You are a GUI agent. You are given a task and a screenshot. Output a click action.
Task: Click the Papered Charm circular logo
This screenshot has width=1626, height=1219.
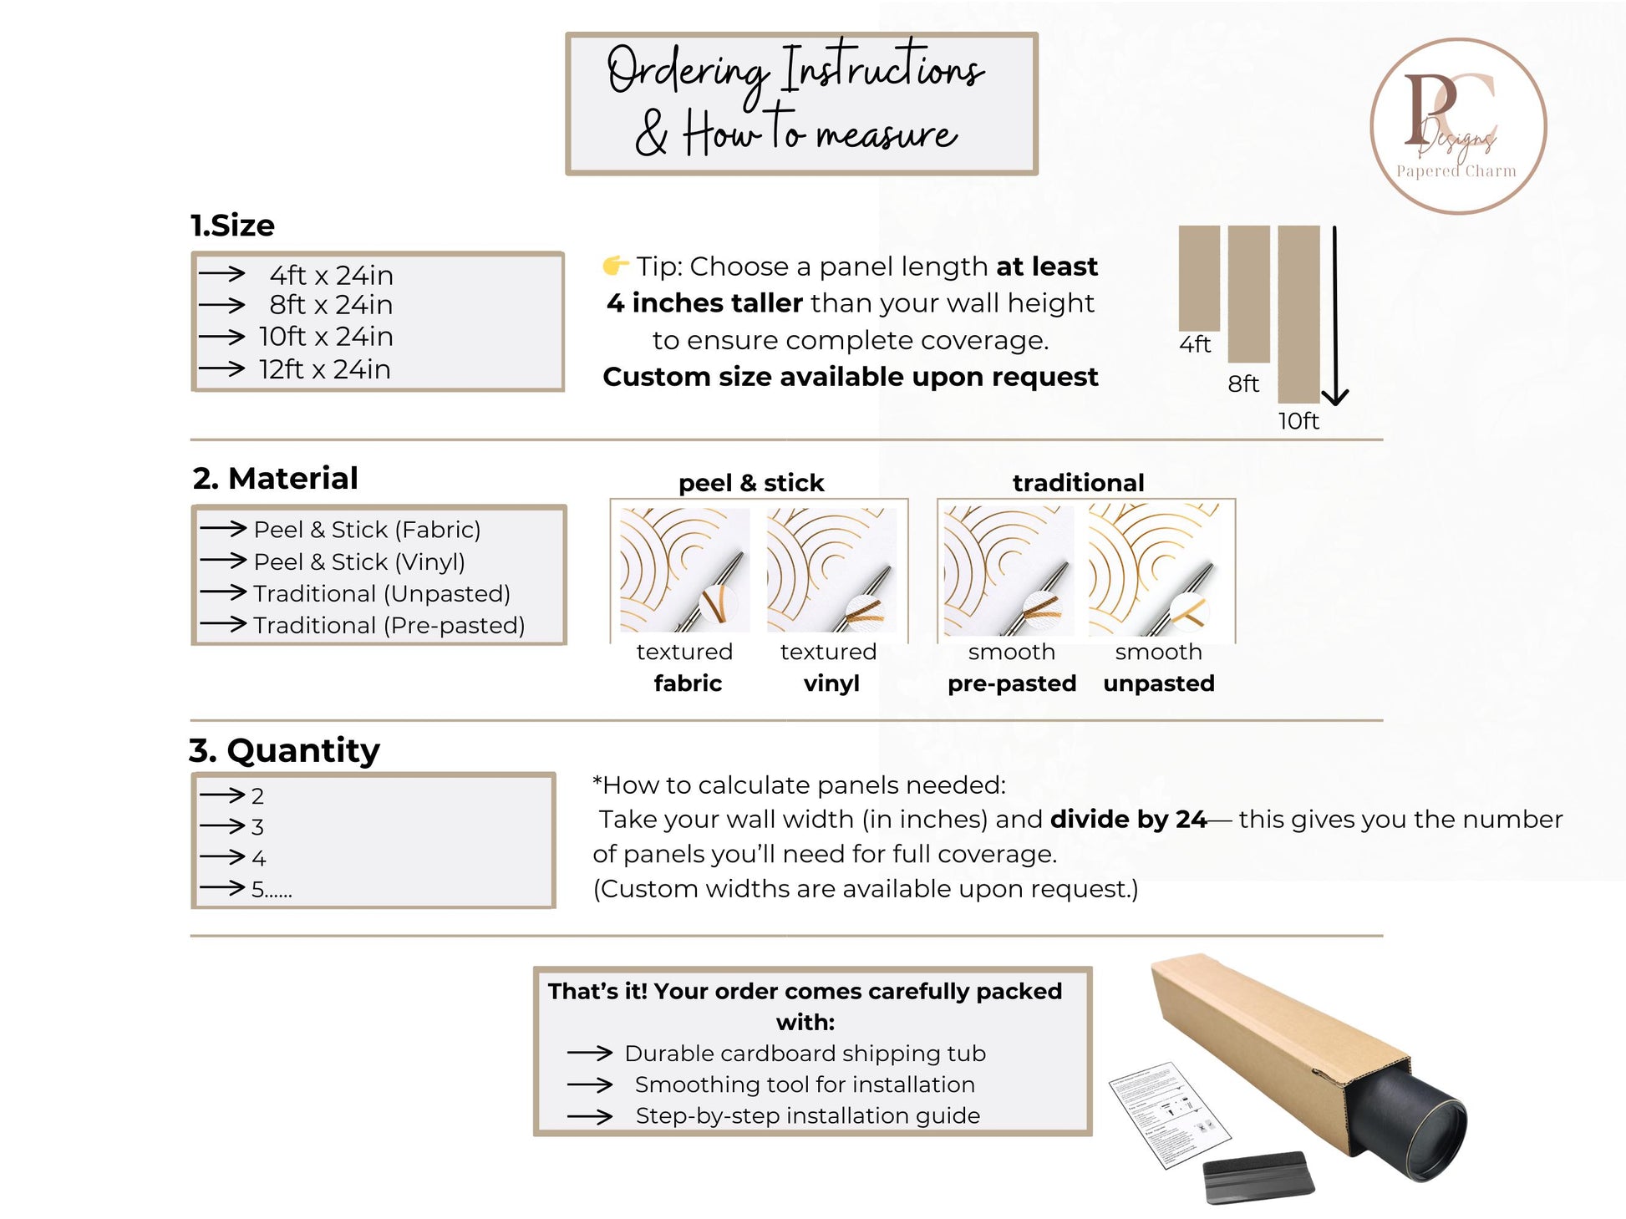(x=1458, y=126)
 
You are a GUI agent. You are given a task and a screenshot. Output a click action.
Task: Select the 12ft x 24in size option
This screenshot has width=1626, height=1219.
(x=324, y=369)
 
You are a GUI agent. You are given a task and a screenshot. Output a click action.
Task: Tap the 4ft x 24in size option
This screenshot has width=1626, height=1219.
(x=331, y=275)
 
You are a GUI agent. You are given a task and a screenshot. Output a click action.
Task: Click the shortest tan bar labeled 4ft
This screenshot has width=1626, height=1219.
(x=1198, y=277)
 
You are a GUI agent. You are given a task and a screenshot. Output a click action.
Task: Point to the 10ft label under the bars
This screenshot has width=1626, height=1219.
(x=1298, y=421)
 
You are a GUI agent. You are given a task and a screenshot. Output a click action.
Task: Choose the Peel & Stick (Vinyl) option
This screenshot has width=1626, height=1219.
(x=358, y=561)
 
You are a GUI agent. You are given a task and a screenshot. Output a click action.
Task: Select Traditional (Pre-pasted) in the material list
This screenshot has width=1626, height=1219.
(x=389, y=625)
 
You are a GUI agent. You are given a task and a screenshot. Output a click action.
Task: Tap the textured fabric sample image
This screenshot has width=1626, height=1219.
(x=684, y=570)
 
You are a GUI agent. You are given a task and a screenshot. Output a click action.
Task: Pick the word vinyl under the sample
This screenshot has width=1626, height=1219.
(x=831, y=683)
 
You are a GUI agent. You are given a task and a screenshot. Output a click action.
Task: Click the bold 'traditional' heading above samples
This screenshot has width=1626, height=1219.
(x=1078, y=483)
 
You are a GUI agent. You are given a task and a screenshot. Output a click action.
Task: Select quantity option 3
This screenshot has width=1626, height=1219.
(x=257, y=827)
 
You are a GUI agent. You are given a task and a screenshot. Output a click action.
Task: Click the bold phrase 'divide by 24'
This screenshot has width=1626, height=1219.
(x=1127, y=820)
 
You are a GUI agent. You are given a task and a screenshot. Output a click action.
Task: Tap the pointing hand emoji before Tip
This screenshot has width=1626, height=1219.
(x=615, y=266)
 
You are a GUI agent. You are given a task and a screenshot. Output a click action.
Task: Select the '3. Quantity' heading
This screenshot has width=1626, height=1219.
(x=284, y=750)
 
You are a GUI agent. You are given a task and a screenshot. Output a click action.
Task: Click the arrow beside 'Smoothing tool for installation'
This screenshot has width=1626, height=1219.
(x=590, y=1085)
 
